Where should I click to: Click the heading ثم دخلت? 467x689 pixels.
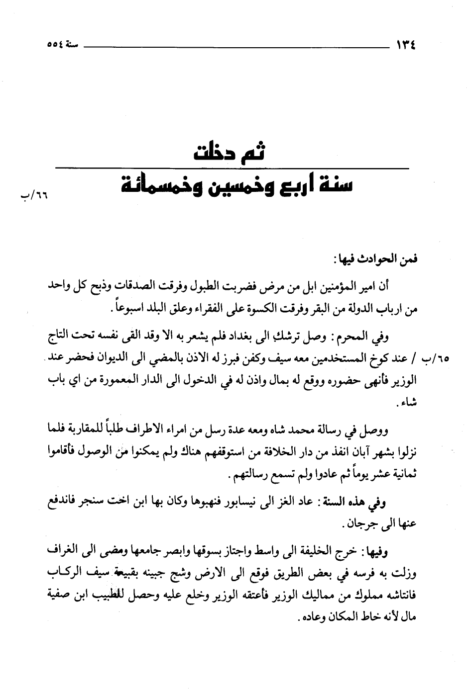231,152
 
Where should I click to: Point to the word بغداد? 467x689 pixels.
264,337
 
